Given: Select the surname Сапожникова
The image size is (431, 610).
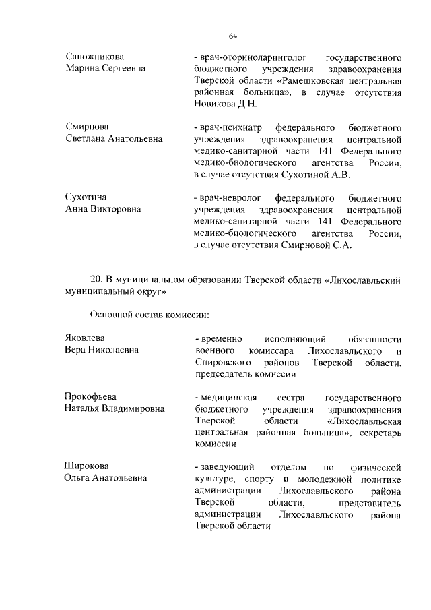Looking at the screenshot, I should pos(95,57).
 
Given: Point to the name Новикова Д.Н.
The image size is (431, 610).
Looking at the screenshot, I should pos(224,105).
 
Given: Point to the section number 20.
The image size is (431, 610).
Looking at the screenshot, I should pos(95,280).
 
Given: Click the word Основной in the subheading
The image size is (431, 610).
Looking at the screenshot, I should pos(110,315).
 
